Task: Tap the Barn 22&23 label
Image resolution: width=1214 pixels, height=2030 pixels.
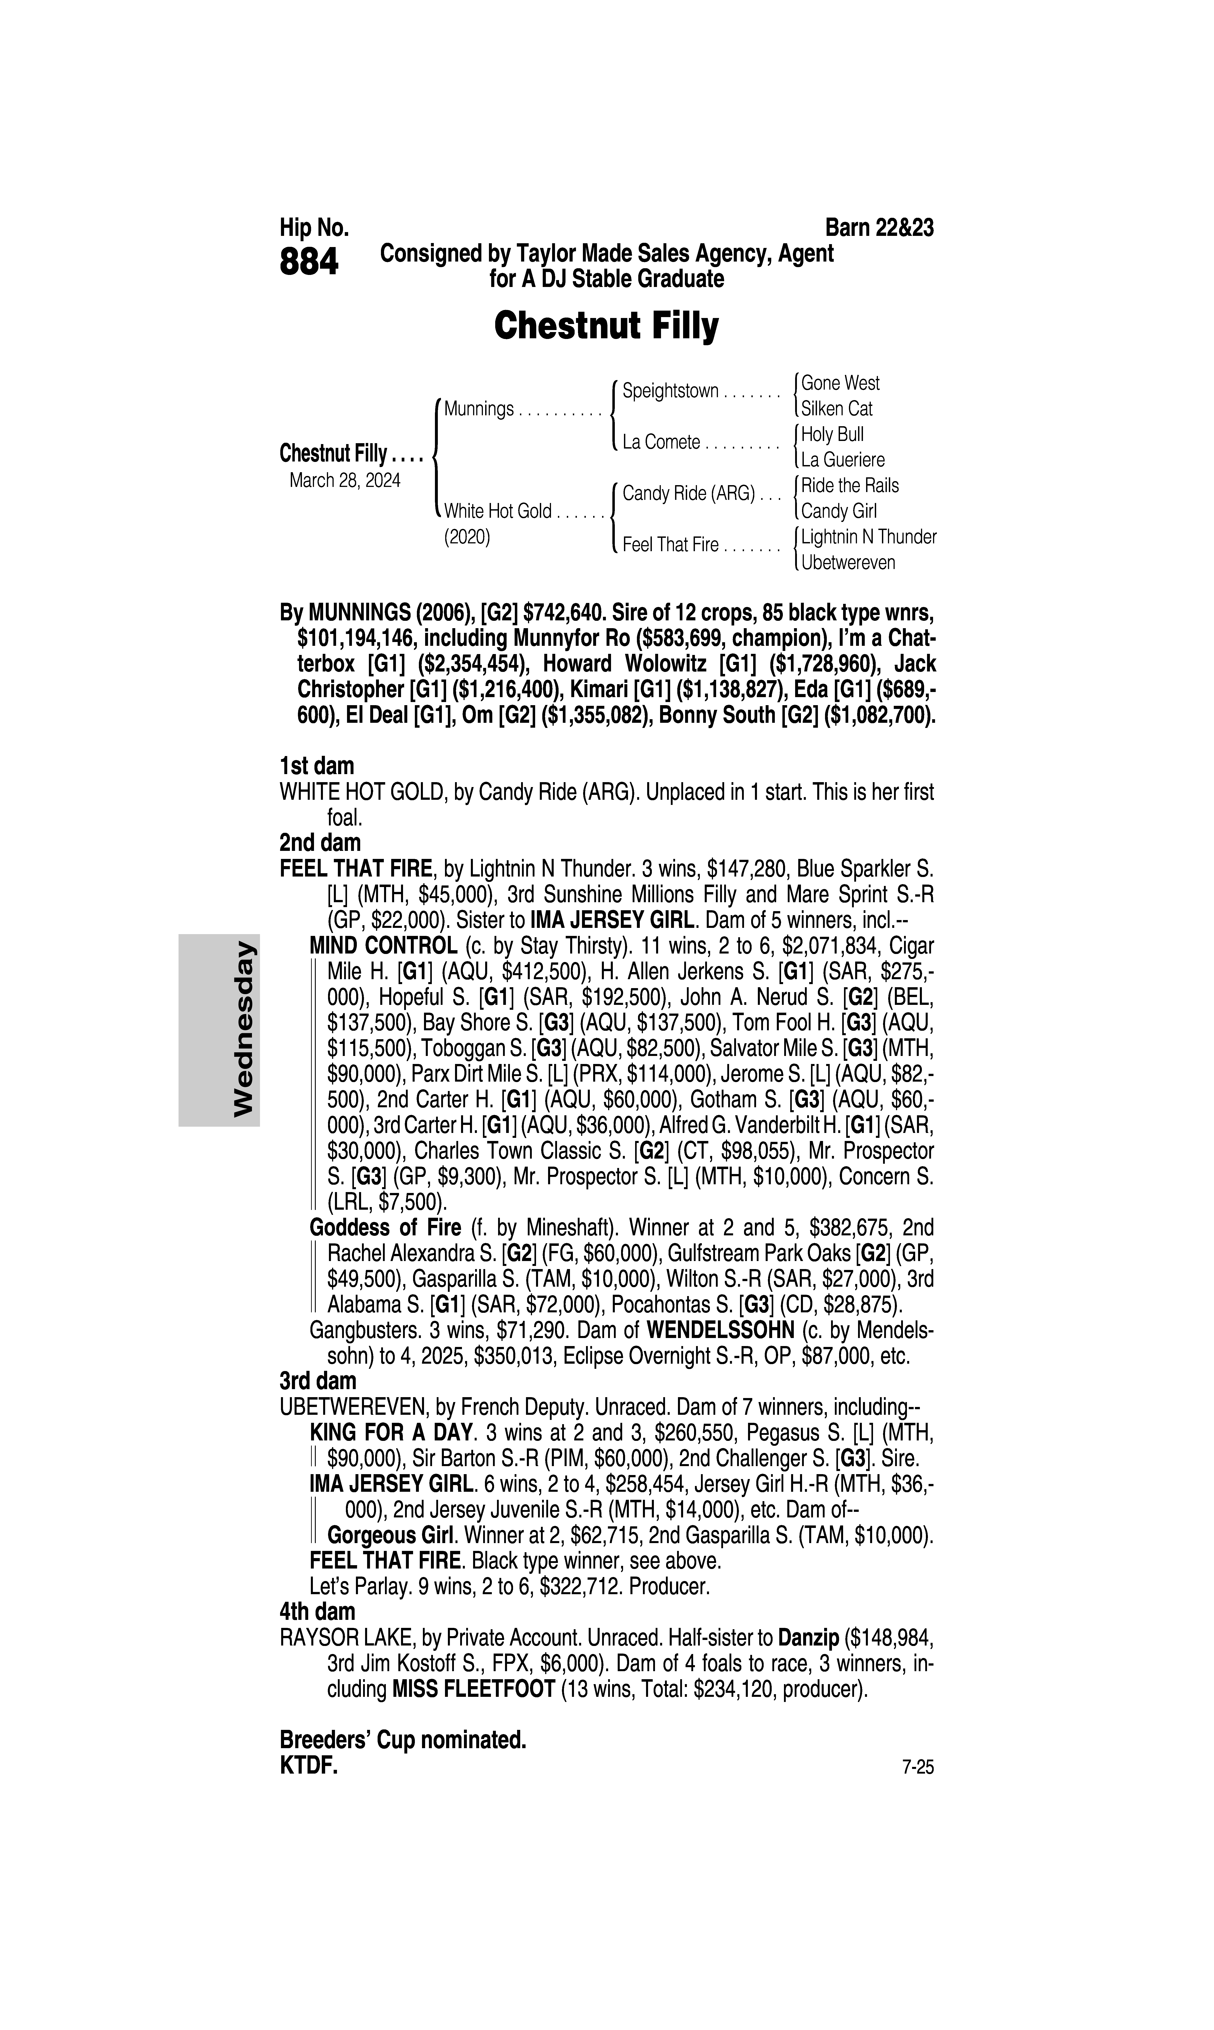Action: pyautogui.click(x=879, y=227)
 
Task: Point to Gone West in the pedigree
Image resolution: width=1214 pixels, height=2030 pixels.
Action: pyautogui.click(x=840, y=383)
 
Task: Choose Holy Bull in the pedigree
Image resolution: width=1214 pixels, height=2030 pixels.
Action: pyautogui.click(x=832, y=434)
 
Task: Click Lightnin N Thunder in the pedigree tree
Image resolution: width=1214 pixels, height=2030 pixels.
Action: pyautogui.click(x=868, y=537)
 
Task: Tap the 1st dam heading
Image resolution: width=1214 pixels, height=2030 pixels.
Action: pyautogui.click(x=317, y=766)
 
